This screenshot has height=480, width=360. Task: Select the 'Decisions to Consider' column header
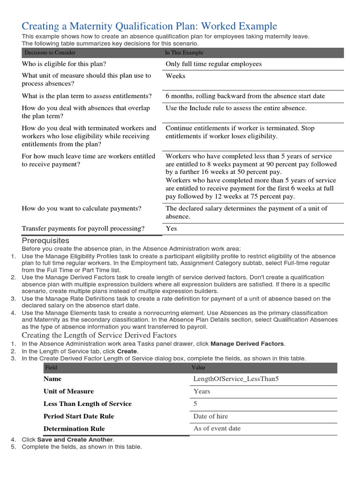point(50,53)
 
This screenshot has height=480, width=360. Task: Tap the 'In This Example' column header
point(184,53)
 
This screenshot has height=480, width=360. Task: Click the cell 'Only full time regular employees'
point(213,64)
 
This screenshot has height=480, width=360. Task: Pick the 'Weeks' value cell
point(175,76)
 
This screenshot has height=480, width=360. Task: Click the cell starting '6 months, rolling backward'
point(245,96)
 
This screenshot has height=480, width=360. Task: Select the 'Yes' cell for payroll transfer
point(171,229)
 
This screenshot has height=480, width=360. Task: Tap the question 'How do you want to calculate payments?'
point(82,209)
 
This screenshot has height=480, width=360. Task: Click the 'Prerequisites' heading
point(45,240)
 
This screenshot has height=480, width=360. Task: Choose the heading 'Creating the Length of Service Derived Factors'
point(99,335)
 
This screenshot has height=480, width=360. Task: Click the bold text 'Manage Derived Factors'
point(247,344)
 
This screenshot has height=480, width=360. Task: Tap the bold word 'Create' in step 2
point(127,351)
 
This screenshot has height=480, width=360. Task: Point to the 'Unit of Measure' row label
point(68,391)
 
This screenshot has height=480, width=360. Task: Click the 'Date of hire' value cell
point(210,416)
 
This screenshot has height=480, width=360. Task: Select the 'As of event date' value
point(217,428)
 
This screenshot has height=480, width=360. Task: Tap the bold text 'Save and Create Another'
point(75,440)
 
